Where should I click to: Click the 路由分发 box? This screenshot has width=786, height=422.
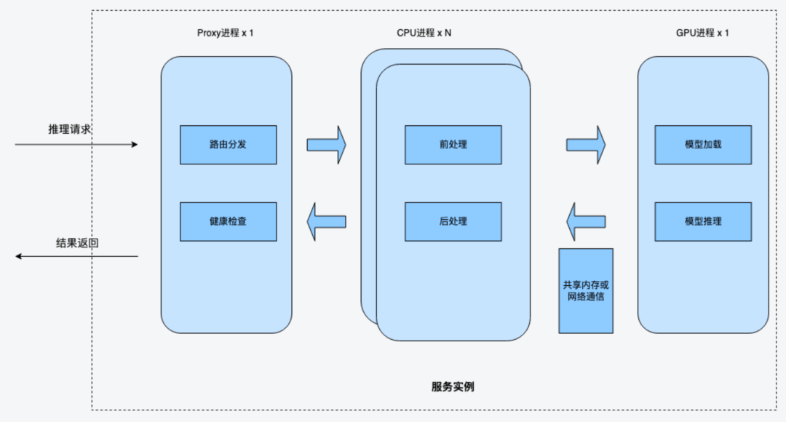(x=228, y=144)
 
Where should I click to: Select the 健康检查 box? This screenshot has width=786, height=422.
(x=228, y=221)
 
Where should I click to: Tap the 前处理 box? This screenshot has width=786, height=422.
(x=453, y=144)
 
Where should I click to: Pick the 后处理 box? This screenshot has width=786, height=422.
(x=453, y=221)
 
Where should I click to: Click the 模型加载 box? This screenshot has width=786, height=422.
(x=703, y=144)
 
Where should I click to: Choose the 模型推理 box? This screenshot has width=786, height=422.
(x=703, y=221)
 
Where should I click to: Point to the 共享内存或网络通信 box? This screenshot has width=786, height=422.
(x=586, y=291)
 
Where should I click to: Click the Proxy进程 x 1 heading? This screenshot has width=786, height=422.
(x=226, y=33)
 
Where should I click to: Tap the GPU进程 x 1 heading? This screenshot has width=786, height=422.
(x=702, y=33)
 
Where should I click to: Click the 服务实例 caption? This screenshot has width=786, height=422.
(x=453, y=386)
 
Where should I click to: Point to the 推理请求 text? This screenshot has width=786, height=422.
(x=70, y=129)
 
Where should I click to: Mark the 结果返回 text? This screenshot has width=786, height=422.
(x=77, y=243)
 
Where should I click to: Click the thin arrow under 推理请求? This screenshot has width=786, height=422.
(x=76, y=145)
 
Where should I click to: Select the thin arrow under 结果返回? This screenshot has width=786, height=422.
(x=77, y=256)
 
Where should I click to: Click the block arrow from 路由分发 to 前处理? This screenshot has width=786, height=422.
(x=326, y=144)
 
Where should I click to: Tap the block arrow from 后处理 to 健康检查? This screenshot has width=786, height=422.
(x=325, y=221)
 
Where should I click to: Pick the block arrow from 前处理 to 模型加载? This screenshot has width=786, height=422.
(x=586, y=144)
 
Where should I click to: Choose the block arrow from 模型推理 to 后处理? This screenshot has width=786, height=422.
(x=586, y=221)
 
